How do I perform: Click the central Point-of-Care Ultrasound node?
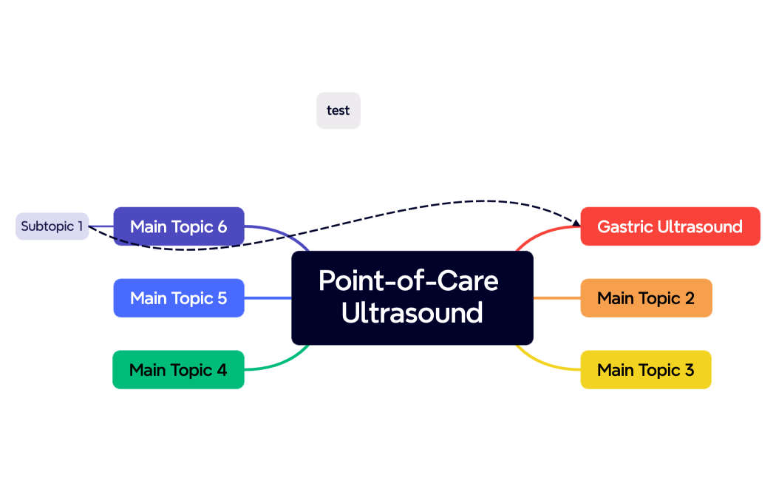[x=412, y=297]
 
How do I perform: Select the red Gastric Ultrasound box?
[x=670, y=226]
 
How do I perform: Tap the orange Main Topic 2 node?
[x=646, y=298]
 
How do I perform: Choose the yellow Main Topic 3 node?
[x=645, y=370]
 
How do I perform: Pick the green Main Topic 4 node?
[x=178, y=370]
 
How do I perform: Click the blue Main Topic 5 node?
[x=178, y=298]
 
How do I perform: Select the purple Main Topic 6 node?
[x=178, y=226]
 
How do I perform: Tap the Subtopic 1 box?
[x=52, y=226]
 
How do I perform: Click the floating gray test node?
[x=338, y=110]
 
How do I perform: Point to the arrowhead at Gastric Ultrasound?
[x=576, y=221]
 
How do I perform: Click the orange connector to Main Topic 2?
[x=557, y=298]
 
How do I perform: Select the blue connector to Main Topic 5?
[x=268, y=298]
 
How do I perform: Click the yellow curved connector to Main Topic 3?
[x=547, y=363]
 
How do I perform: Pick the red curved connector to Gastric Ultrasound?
[x=543, y=232]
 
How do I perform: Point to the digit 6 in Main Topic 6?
[x=222, y=226]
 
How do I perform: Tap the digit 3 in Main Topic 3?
[x=689, y=370]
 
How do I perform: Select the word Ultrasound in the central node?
[x=412, y=313]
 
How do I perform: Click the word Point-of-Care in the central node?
[x=408, y=281]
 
